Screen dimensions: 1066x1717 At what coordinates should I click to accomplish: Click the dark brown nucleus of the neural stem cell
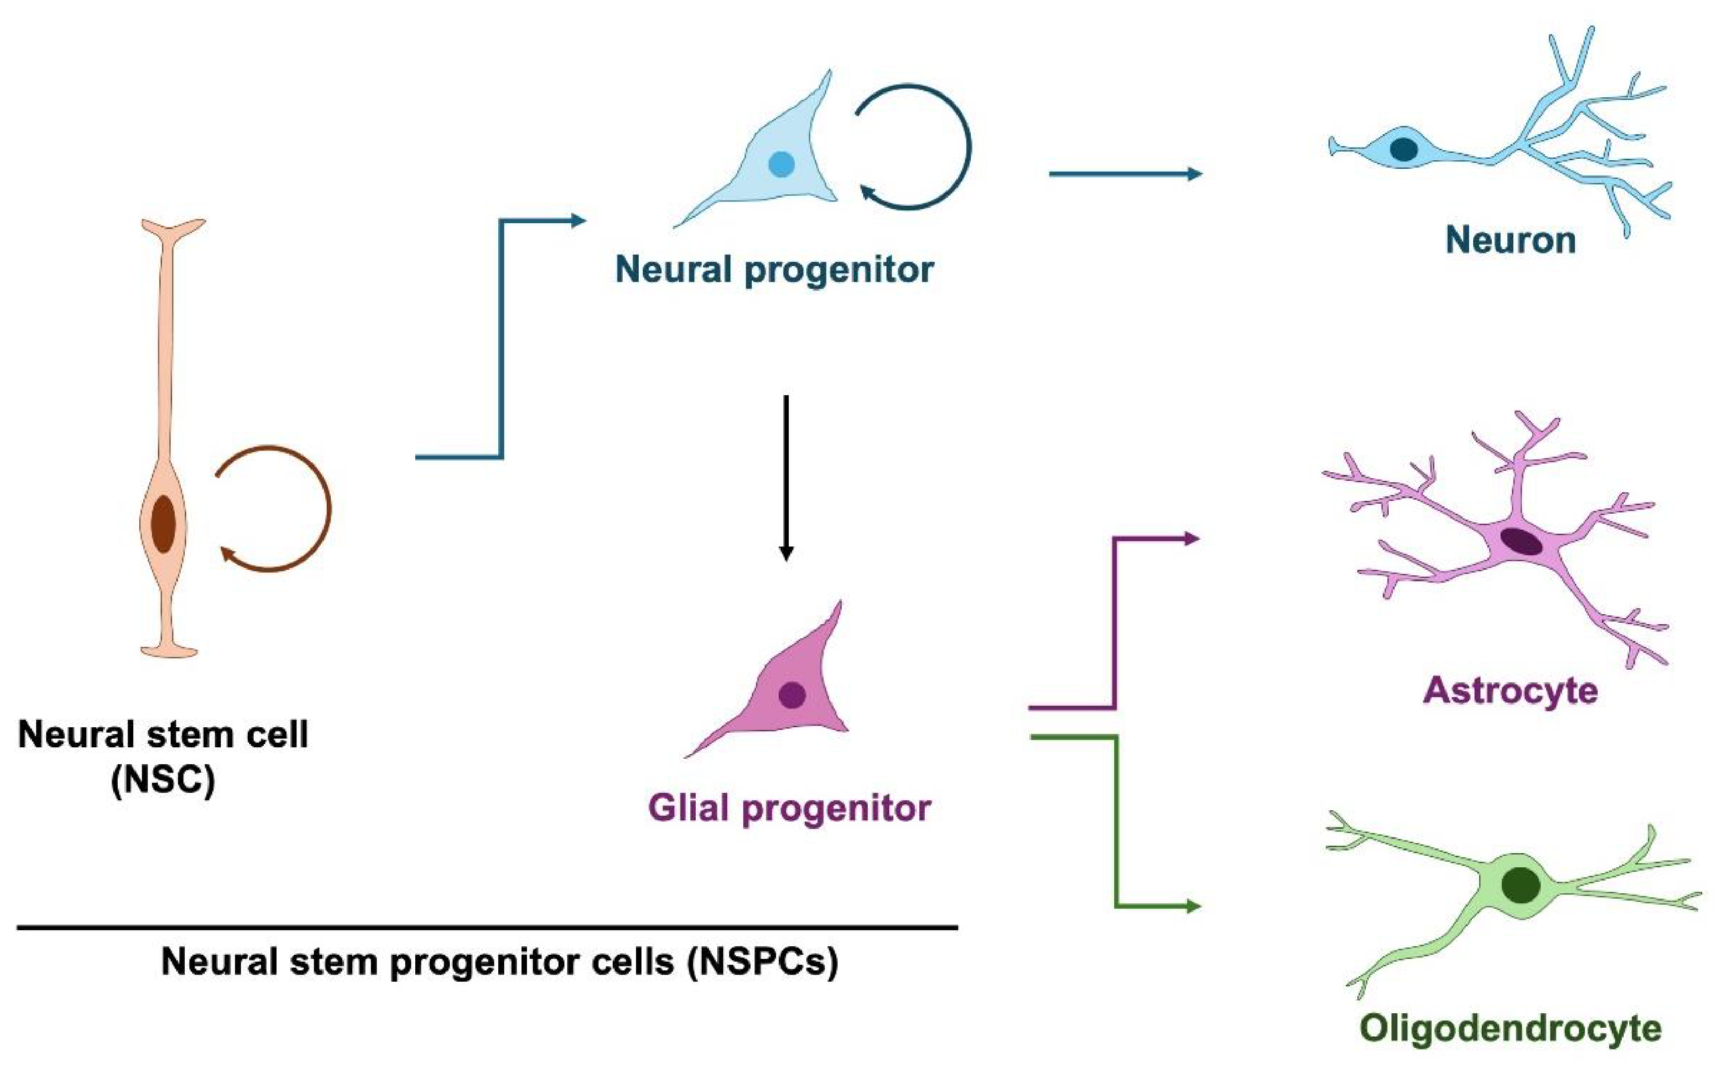pyautogui.click(x=163, y=524)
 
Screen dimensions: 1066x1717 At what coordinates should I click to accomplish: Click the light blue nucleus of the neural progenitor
pyautogui.click(x=781, y=164)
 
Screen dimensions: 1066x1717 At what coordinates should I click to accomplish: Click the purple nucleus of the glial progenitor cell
pyautogui.click(x=792, y=695)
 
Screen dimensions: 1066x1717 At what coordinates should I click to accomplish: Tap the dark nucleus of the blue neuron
pyautogui.click(x=1403, y=149)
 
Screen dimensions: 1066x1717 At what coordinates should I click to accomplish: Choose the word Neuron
pyautogui.click(x=1510, y=241)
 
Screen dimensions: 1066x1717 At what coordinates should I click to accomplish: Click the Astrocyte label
pyautogui.click(x=1510, y=690)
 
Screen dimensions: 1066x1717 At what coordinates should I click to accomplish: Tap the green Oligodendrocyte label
pyautogui.click(x=1510, y=1029)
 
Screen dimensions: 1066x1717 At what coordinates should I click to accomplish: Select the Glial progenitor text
pyautogui.click(x=789, y=808)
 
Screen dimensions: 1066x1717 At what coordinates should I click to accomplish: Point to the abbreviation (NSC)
pyautogui.click(x=163, y=779)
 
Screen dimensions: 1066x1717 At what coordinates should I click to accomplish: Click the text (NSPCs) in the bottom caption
pyautogui.click(x=763, y=961)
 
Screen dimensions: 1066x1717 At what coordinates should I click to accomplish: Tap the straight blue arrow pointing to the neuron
pyautogui.click(x=1124, y=173)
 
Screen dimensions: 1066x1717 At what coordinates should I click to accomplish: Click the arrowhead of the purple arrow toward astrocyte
pyautogui.click(x=1193, y=539)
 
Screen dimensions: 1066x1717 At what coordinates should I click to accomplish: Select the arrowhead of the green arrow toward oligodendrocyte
pyautogui.click(x=1193, y=906)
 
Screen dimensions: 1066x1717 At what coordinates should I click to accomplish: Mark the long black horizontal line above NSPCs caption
pyautogui.click(x=486, y=928)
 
